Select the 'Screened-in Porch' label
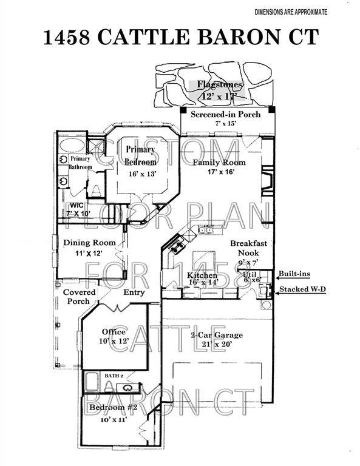(x=225, y=114)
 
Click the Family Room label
(x=219, y=163)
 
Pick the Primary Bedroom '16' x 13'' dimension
(x=142, y=174)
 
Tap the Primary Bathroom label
(x=80, y=163)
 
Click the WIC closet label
(x=76, y=205)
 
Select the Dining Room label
(x=89, y=243)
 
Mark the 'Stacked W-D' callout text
(x=301, y=289)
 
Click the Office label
(x=114, y=332)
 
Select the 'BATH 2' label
(x=113, y=376)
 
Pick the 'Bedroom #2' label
(x=114, y=407)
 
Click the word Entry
(x=134, y=292)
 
